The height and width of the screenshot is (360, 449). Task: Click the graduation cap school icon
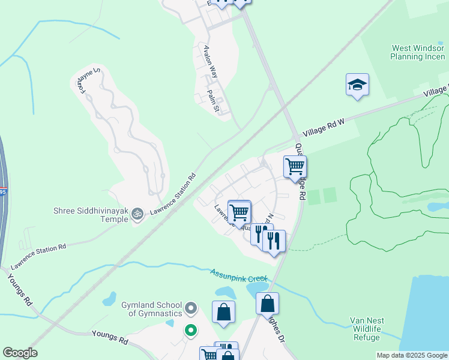point(357,85)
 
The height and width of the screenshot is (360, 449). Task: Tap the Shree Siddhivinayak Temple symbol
point(137,213)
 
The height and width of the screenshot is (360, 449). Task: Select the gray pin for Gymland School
point(191,309)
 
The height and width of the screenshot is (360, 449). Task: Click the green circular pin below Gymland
point(191,330)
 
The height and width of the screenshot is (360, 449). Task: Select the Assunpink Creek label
point(238,276)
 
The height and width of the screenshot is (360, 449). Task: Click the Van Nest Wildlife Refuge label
point(367,329)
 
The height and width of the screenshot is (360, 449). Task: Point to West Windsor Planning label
point(418,52)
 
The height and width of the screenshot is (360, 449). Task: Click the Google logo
point(20,353)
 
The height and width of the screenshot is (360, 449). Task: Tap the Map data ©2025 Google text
point(412,355)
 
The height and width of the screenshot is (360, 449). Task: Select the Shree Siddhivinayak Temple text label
point(91,214)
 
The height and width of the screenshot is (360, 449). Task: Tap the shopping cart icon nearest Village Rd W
point(295,166)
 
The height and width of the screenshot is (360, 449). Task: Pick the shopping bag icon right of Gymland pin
point(223,312)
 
